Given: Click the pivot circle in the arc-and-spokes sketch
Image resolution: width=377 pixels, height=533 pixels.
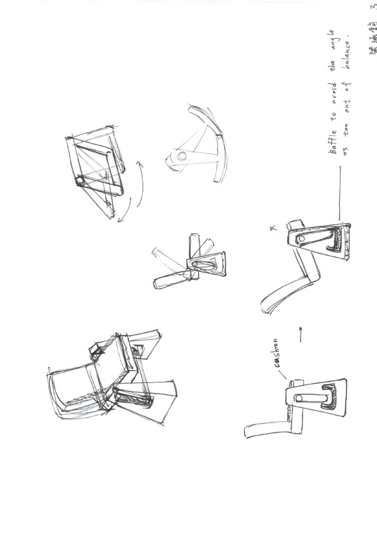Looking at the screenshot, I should pyautogui.click(x=181, y=157).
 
